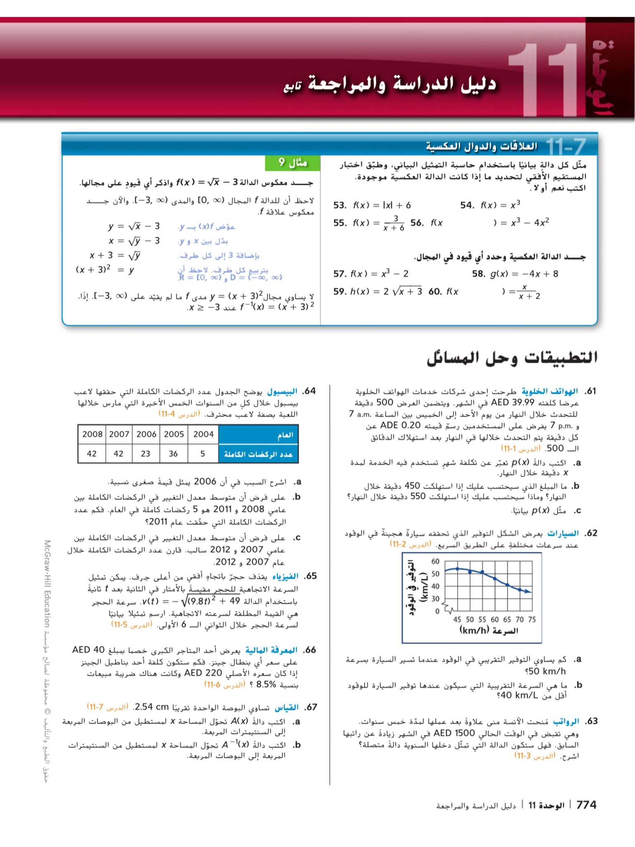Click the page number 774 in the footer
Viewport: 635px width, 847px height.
click(586, 805)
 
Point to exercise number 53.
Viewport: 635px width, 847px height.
click(340, 205)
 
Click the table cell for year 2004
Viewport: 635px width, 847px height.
click(203, 434)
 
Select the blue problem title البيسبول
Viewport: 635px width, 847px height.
click(282, 392)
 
